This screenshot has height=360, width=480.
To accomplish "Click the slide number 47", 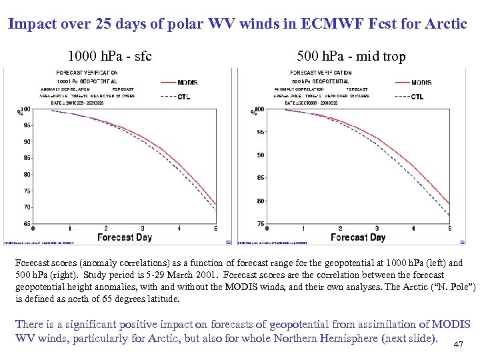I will pos(457,344).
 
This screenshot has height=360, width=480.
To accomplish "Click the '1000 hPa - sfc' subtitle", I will pos(110,57).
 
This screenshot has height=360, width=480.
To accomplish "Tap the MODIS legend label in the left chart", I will pos(187,83).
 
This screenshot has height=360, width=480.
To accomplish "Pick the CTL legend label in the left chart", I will pos(183,97).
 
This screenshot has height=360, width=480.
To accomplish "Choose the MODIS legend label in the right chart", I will pos(421,83).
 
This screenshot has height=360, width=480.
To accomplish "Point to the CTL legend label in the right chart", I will pos(417,97).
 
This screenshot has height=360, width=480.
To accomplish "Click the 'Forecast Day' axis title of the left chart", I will pos(125,237).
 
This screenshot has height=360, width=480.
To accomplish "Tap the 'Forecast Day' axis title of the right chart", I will pos(358,237).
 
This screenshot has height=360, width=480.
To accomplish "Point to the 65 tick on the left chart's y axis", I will pos(26,223).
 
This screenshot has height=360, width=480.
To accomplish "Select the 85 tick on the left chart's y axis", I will pos(26,158).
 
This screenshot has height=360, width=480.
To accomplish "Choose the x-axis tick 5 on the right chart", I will pos(450,229).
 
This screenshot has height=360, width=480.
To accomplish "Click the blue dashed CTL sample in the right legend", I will pos(401,97).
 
